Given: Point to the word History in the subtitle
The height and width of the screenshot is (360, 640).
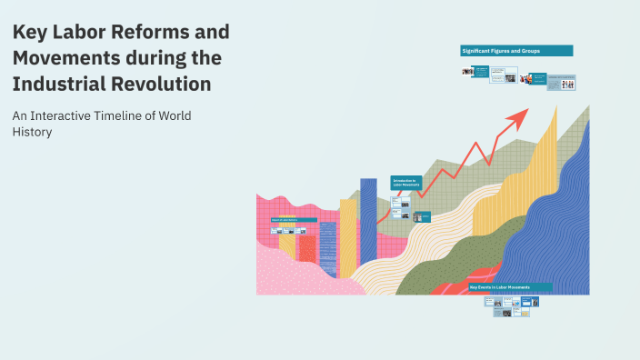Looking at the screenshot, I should (x=32, y=132).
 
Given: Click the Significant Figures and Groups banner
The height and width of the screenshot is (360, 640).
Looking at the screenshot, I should (x=515, y=51).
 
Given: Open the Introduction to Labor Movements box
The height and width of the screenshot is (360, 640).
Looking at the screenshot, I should (x=405, y=183).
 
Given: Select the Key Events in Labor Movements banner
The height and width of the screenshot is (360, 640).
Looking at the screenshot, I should (x=508, y=287).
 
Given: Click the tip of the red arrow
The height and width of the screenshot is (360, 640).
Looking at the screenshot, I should (x=526, y=111).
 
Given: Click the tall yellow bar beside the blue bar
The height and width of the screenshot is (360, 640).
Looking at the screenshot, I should (x=348, y=236).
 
